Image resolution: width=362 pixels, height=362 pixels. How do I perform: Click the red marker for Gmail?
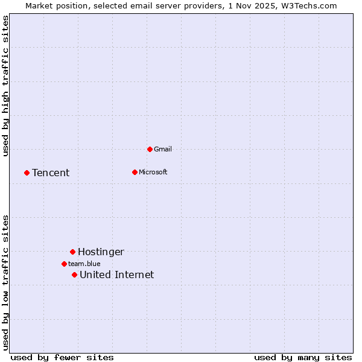(150, 149)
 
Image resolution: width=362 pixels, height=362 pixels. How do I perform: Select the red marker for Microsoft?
(135, 172)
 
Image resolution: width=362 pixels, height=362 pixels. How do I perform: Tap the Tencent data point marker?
(27, 173)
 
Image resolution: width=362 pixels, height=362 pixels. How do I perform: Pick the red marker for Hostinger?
(72, 252)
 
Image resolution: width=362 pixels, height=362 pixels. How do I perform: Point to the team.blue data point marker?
(64, 264)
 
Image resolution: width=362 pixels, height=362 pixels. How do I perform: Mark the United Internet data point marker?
(74, 275)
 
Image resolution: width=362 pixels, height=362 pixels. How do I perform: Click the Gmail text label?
(163, 149)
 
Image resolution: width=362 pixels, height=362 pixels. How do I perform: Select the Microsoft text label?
(153, 172)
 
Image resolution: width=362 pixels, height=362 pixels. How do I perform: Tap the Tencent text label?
(51, 173)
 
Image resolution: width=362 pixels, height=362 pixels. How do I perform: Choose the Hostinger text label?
(101, 252)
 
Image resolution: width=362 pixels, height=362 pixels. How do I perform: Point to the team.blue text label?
(84, 264)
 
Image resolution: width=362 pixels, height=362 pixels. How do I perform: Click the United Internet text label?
(116, 275)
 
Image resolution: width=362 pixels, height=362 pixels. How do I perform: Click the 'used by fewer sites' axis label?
(62, 357)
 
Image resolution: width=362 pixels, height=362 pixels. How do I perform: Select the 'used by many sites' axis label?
(303, 357)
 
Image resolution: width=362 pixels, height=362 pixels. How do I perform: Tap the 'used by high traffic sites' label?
(5, 86)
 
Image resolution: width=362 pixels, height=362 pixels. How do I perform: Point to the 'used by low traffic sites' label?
(5, 282)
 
